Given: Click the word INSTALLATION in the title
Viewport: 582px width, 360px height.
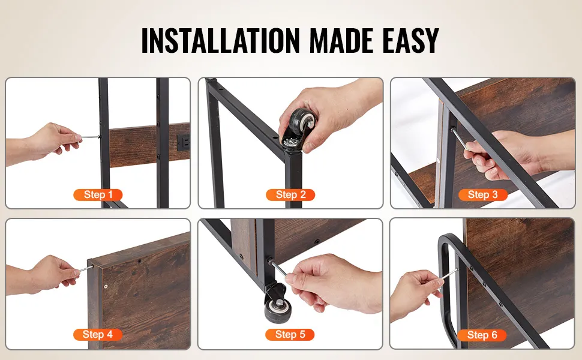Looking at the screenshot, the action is pos(220,40).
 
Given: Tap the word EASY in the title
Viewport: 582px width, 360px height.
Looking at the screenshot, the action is pos(411,40).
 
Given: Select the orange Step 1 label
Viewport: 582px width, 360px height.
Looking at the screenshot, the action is pos(98,194).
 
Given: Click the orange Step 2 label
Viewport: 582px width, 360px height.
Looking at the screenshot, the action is pos(290,194).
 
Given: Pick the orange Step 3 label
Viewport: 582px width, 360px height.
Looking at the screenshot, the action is pos(482,194).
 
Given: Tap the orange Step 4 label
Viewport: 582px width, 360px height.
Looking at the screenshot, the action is pos(98,334).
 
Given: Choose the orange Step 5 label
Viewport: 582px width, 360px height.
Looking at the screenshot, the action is pos(290,334).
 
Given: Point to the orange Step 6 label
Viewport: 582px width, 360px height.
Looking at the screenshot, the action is pos(482,335).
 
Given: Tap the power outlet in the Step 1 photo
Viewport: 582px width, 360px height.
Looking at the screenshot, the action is pos(184,142).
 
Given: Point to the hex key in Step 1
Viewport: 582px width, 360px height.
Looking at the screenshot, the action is pos(90,137).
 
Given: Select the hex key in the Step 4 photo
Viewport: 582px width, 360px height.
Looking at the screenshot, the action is pos(86,268).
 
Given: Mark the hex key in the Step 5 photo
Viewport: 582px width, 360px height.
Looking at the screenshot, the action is pos(278,268).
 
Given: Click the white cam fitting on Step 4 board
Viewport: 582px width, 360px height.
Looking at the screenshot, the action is pos(106,287).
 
